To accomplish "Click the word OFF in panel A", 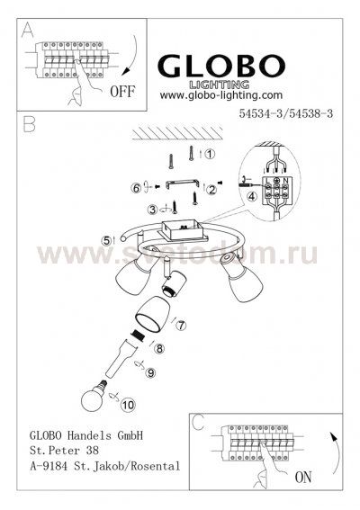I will pos(121,92).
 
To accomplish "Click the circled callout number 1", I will pos(211,155).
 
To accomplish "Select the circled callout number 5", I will pos(106,239).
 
